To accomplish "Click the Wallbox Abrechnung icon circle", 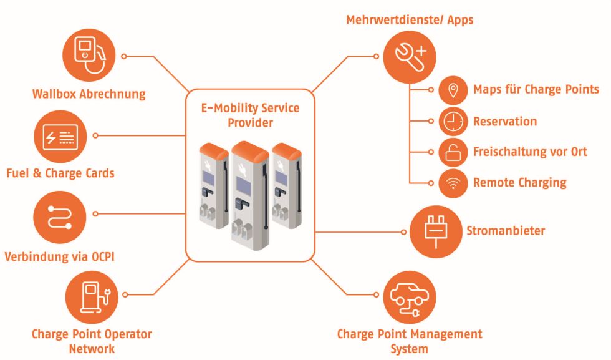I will (x=89, y=56).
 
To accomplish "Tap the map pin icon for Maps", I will (x=453, y=90).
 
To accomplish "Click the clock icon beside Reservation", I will (x=453, y=121).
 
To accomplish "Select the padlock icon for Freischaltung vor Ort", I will (x=453, y=152).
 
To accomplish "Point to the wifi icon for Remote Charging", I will (x=453, y=183).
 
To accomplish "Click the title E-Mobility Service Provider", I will (x=250, y=115).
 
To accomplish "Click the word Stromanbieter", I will (x=506, y=231).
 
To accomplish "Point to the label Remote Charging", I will (x=519, y=183).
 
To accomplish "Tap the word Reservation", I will (x=505, y=121).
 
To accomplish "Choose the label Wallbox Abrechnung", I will (x=89, y=95).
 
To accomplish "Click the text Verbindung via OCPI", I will (x=60, y=256).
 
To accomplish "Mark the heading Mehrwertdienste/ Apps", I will (x=410, y=20).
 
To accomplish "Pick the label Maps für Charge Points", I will (x=536, y=90).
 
